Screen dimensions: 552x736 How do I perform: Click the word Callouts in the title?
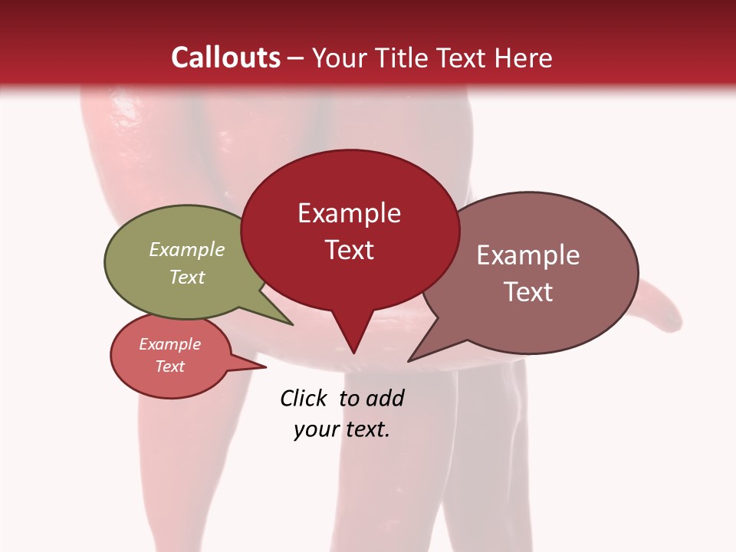click(x=225, y=58)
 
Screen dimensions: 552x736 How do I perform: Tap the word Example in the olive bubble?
click(x=187, y=249)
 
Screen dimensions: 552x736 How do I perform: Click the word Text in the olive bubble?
click(x=187, y=277)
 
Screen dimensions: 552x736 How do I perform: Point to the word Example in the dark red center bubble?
click(x=349, y=213)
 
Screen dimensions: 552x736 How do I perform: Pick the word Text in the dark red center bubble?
click(x=349, y=250)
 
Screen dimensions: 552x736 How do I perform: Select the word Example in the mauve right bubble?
click(x=528, y=255)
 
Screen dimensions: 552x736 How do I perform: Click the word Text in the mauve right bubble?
click(x=528, y=292)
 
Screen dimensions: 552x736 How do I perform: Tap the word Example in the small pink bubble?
click(x=169, y=344)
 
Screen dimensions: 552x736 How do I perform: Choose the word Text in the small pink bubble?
click(x=169, y=366)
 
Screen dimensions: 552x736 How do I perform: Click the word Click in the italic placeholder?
click(x=304, y=398)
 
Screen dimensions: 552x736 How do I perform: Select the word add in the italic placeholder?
click(x=386, y=398)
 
